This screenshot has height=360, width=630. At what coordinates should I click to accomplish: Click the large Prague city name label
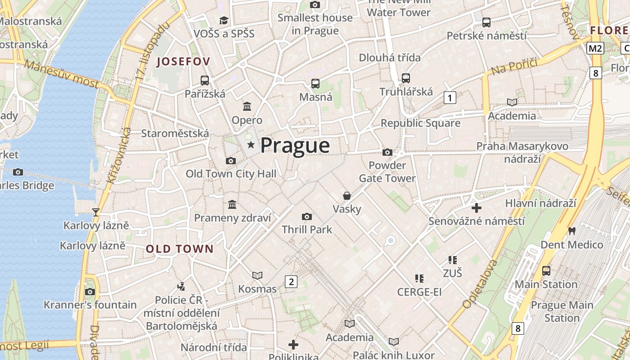tap(295, 146)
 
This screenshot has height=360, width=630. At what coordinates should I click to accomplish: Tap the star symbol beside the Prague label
tap(251, 145)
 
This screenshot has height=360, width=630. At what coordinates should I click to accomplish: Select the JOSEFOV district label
tap(183, 62)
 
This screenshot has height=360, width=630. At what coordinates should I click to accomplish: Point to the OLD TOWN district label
tap(180, 249)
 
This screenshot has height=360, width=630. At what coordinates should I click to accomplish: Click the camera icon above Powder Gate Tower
tap(387, 153)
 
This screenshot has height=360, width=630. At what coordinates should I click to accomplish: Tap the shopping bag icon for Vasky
tap(347, 196)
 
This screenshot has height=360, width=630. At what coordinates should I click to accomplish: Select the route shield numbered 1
tap(450, 97)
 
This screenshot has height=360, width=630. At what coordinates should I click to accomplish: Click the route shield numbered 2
tap(291, 282)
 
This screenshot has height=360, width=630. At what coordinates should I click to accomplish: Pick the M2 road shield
tap(595, 48)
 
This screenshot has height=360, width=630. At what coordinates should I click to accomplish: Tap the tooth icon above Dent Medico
tap(572, 231)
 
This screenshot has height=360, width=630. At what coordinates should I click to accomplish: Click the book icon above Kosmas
tap(257, 275)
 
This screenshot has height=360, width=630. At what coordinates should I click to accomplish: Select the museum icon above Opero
tap(247, 107)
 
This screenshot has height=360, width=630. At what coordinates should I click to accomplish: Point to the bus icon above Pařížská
tap(205, 81)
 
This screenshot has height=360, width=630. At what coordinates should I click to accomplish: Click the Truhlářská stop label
tap(406, 92)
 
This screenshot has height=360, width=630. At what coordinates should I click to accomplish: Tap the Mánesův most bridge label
tap(62, 74)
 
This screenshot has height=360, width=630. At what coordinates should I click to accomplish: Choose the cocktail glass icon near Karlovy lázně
tap(95, 212)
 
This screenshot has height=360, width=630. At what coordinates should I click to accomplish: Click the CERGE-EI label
tap(419, 292)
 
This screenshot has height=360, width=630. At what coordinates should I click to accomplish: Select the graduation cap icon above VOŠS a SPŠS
tap(224, 20)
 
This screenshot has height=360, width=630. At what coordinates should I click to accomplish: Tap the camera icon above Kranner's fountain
tap(90, 292)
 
